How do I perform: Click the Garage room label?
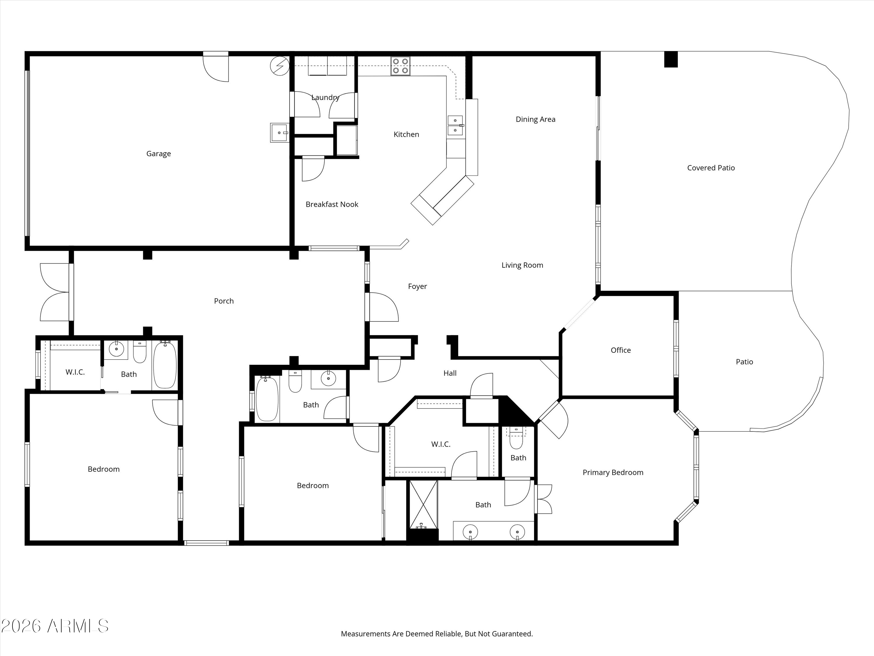158,154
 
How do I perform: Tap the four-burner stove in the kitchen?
400,66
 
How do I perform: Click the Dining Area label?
535,120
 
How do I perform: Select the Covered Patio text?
711,168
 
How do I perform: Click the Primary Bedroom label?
613,473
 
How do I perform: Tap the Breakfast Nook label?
332,204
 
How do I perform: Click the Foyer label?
417,286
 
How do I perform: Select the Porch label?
224,301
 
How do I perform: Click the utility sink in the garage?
279,132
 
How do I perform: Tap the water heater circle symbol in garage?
279,66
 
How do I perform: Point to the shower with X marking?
424,504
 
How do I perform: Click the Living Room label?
522,265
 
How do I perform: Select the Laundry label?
325,98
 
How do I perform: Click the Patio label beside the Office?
744,362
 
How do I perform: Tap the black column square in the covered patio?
671,59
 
